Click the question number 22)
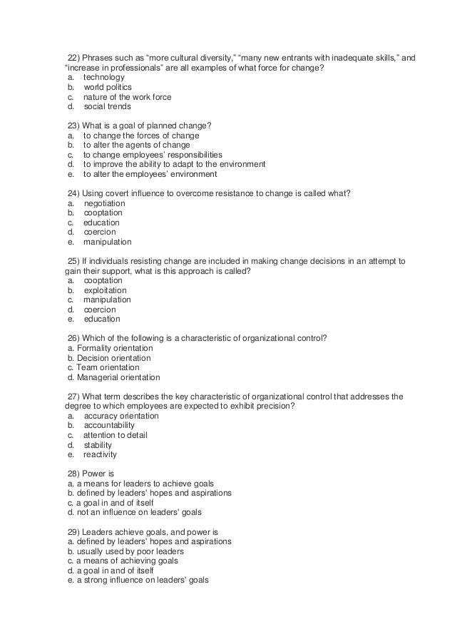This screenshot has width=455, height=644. click(x=73, y=58)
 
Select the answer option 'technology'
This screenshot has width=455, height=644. click(x=103, y=77)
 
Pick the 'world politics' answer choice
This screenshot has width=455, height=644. click(x=107, y=87)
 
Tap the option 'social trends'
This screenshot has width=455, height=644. click(x=107, y=106)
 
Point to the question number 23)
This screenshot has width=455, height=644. click(x=73, y=126)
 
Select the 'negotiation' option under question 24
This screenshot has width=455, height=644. click(x=104, y=203)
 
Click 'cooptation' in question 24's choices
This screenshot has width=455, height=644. click(x=103, y=213)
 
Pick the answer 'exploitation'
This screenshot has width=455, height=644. click(x=105, y=290)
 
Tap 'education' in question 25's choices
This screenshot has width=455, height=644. click(x=102, y=320)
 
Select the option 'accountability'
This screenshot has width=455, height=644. click(x=108, y=426)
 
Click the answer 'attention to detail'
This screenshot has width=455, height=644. click(x=115, y=435)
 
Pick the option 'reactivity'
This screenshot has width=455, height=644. click(x=100, y=454)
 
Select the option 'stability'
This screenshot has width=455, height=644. click(x=98, y=445)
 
